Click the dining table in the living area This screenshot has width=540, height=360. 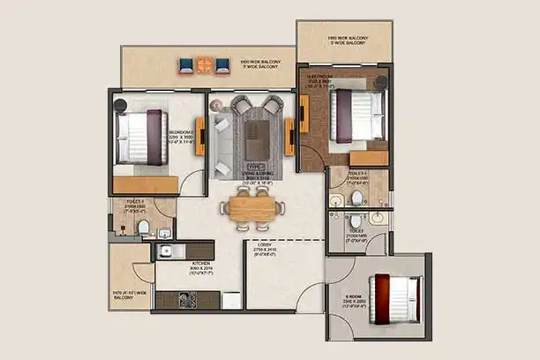click(x=253, y=207)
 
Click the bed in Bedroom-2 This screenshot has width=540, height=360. click(x=141, y=137)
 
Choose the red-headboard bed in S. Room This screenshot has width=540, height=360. click(x=393, y=297)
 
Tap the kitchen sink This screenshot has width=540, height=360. click(x=167, y=251)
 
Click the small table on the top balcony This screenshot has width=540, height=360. click(x=204, y=64)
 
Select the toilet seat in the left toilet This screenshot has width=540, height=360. click(x=143, y=228)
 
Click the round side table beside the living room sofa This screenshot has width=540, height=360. click(x=216, y=105)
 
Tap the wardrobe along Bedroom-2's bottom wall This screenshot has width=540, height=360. click(x=146, y=184)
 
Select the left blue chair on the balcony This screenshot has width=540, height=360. click(x=185, y=64)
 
